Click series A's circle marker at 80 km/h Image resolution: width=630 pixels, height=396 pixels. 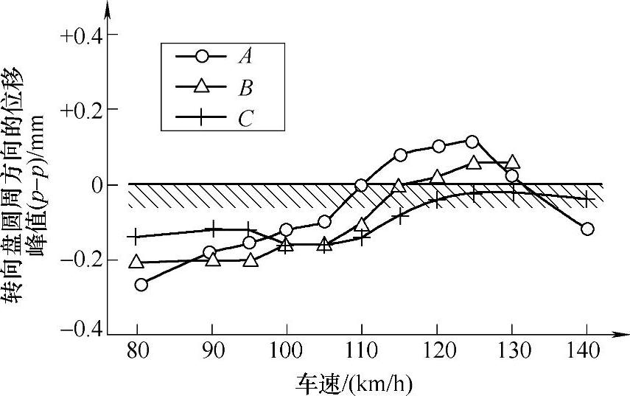[x=141, y=285]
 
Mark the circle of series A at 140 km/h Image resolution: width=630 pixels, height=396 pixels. [x=587, y=229]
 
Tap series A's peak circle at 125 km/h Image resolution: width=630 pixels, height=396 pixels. [x=472, y=141]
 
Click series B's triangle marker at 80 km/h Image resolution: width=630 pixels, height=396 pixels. [x=136, y=261]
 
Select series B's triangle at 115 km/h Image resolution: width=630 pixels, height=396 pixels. [x=399, y=186]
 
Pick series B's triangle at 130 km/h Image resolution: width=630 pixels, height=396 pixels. [x=513, y=161]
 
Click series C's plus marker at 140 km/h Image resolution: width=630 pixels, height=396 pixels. [x=587, y=199]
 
